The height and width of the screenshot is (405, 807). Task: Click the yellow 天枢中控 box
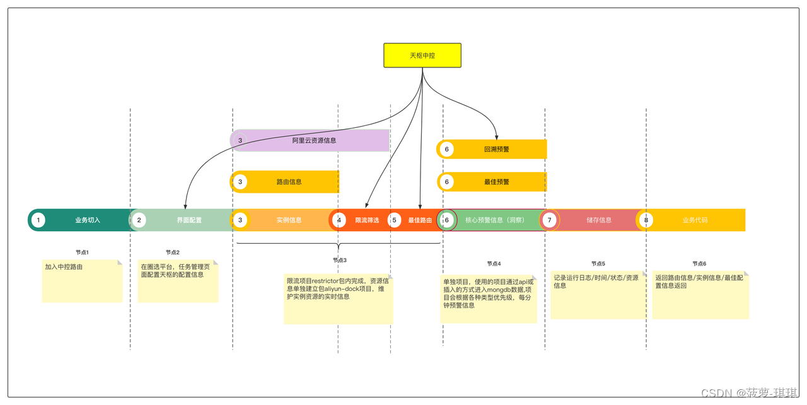pyautogui.click(x=422, y=55)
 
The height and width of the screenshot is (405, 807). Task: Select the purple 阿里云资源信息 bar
pyautogui.click(x=313, y=140)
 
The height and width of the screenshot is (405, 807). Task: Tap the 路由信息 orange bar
pyautogui.click(x=289, y=182)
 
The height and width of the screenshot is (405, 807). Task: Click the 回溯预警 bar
pyautogui.click(x=496, y=149)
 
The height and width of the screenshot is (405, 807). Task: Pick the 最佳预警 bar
pyautogui.click(x=496, y=182)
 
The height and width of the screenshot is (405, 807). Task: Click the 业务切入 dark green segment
pyautogui.click(x=87, y=220)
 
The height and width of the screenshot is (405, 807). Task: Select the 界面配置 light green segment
pyautogui.click(x=189, y=220)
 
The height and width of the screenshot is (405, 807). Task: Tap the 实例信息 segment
pyautogui.click(x=289, y=220)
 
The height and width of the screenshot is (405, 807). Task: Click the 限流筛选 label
pyautogui.click(x=367, y=220)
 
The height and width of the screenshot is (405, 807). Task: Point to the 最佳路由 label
pyautogui.click(x=420, y=220)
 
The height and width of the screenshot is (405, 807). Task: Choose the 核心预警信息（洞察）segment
pyautogui.click(x=495, y=220)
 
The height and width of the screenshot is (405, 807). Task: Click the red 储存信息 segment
pyautogui.click(x=598, y=220)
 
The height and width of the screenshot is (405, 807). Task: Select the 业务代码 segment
pyautogui.click(x=695, y=220)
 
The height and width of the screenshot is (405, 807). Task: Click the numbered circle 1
pyautogui.click(x=38, y=220)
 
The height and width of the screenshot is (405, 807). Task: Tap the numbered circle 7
pyautogui.click(x=550, y=220)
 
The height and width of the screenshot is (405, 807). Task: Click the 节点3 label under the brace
pyautogui.click(x=340, y=260)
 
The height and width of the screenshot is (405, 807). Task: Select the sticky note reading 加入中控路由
pyautogui.click(x=82, y=281)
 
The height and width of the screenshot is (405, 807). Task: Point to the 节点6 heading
pyautogui.click(x=699, y=264)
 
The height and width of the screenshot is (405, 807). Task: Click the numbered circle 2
pyautogui.click(x=139, y=220)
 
